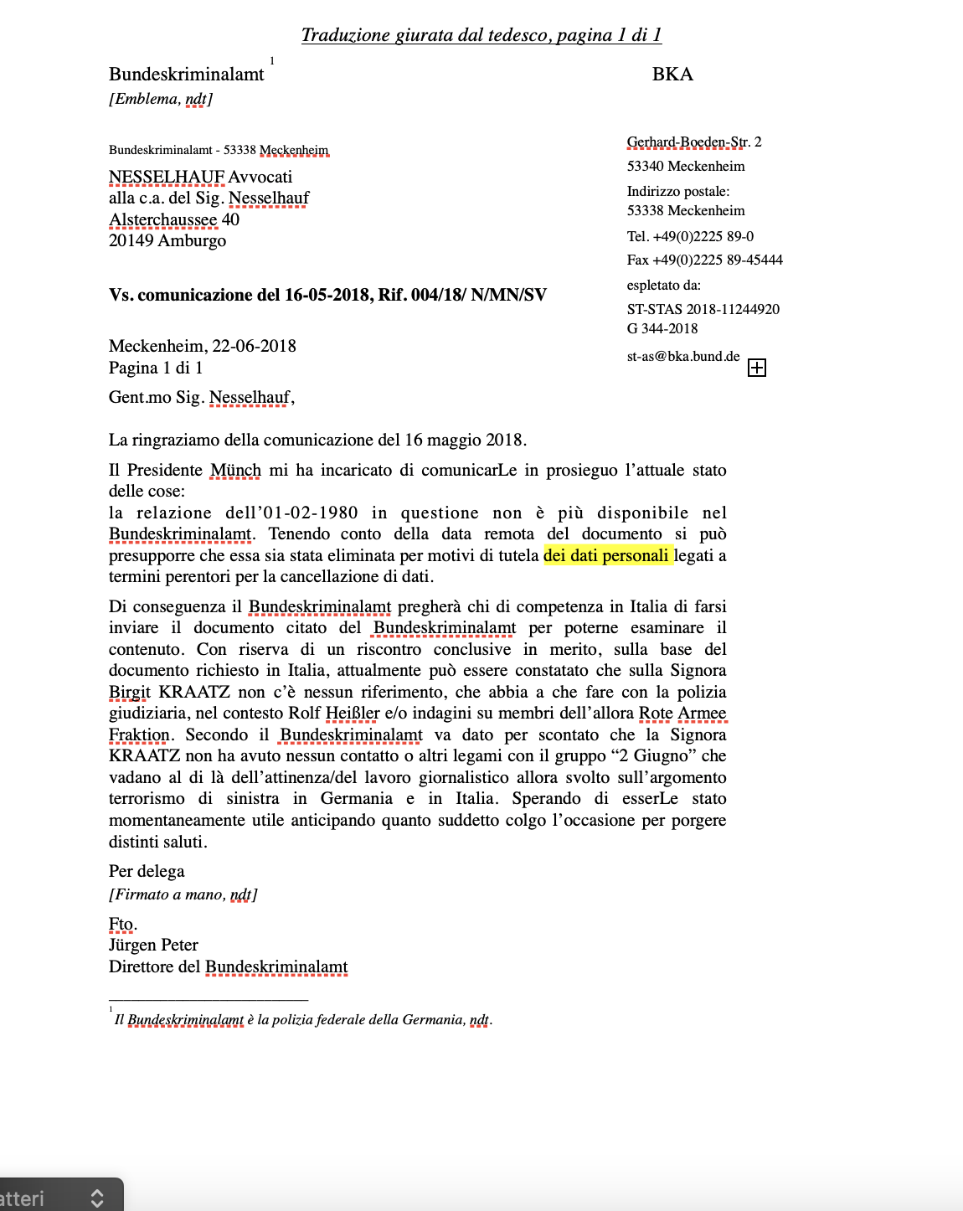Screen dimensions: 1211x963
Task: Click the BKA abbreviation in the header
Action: click(672, 75)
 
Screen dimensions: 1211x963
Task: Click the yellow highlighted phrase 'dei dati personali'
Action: click(606, 555)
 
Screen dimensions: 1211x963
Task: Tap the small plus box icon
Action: click(757, 368)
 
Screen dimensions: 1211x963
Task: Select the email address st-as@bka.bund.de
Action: click(683, 356)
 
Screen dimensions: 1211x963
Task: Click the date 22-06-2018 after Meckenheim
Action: click(254, 346)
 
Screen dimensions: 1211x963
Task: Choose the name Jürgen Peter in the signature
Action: click(153, 945)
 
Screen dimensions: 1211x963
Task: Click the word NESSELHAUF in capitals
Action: click(167, 177)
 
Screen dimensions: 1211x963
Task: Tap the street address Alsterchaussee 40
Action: click(174, 219)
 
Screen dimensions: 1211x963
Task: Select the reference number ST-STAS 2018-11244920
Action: click(703, 309)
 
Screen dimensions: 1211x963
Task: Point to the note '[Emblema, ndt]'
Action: click(161, 99)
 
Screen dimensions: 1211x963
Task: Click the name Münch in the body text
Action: click(235, 470)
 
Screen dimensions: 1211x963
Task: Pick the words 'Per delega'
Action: click(147, 871)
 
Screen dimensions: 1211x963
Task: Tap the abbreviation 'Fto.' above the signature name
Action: click(122, 924)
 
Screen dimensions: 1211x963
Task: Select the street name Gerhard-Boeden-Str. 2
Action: click(694, 142)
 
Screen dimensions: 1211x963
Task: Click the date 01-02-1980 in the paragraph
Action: click(311, 513)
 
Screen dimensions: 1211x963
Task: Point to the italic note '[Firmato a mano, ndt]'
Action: click(183, 894)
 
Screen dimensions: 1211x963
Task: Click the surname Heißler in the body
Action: click(353, 713)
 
